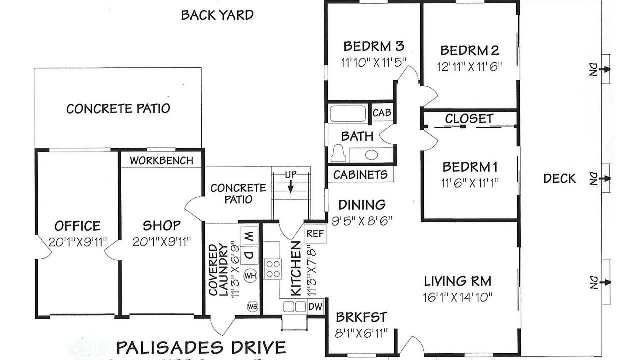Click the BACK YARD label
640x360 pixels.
[217, 15]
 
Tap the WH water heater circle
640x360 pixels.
[250, 276]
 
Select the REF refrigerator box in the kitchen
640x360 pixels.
[315, 233]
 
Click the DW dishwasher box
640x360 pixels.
[315, 307]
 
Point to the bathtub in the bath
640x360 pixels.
[348, 114]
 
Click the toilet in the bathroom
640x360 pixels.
[339, 153]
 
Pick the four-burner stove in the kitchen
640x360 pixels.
[272, 269]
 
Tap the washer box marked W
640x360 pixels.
[249, 236]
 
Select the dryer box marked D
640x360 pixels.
[249, 255]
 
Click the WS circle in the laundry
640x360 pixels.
[253, 307]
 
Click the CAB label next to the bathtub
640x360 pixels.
[382, 113]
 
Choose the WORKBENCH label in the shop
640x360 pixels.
[161, 161]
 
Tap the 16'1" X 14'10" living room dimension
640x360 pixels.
[458, 297]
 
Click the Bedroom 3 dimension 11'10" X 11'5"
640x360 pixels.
[374, 62]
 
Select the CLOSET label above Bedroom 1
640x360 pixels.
[469, 119]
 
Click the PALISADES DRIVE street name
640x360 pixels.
[201, 347]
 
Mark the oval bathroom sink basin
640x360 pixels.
[371, 155]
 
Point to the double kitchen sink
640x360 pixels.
[295, 307]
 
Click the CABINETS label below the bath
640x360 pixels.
[360, 175]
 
